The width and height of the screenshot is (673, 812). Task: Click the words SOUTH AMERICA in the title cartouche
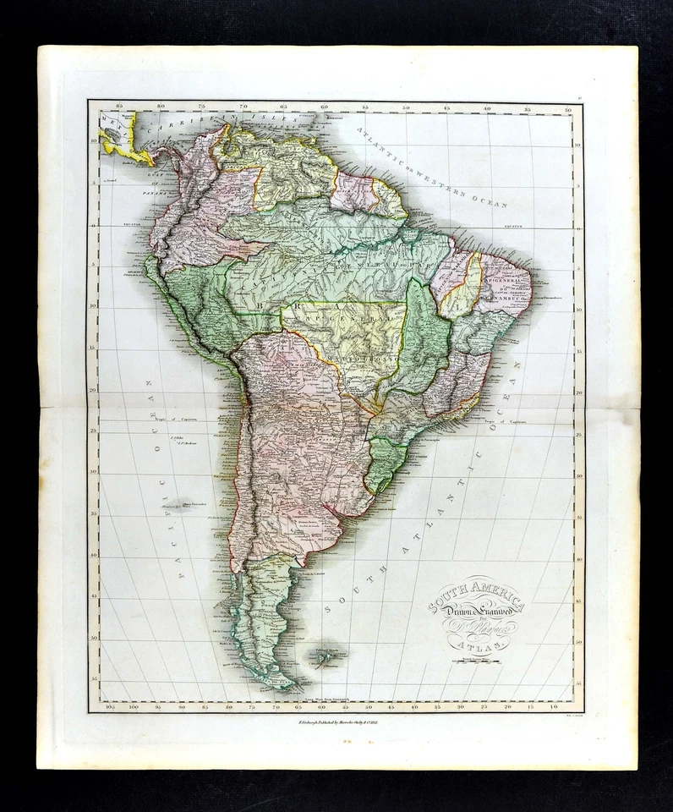(476, 595)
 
